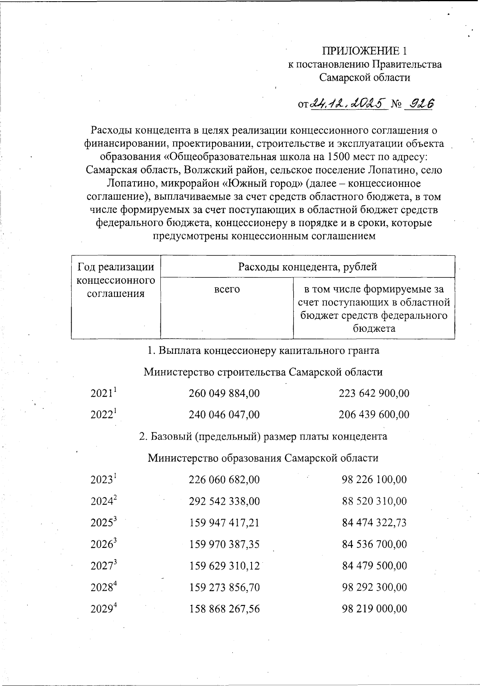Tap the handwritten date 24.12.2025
(x=348, y=103)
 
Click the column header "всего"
(x=227, y=289)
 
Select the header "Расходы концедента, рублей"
(x=307, y=267)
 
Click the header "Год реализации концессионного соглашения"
(x=116, y=280)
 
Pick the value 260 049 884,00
(x=224, y=393)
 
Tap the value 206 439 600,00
(x=374, y=415)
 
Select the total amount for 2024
(x=224, y=501)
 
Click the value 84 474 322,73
(x=374, y=523)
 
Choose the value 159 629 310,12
(x=224, y=566)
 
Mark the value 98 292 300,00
(x=374, y=588)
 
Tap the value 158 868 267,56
(x=224, y=609)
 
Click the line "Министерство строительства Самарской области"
(x=263, y=372)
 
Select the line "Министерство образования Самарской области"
(x=263, y=458)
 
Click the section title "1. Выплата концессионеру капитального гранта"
(x=263, y=351)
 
